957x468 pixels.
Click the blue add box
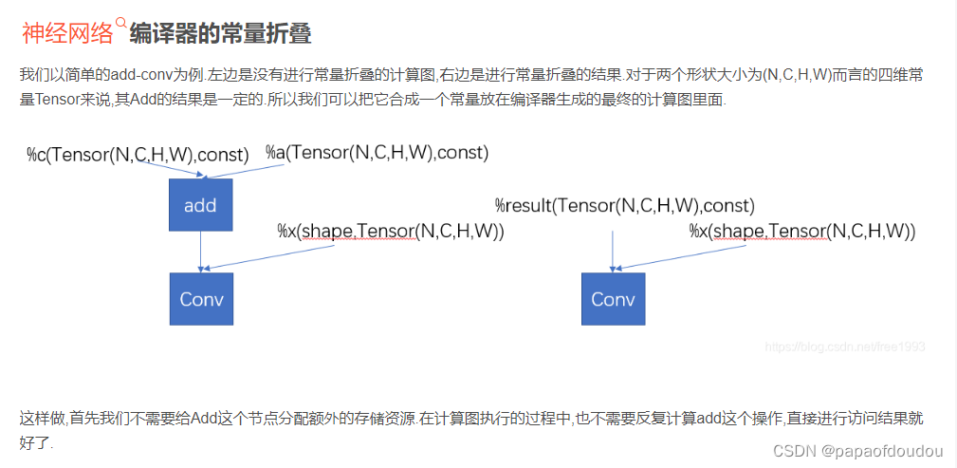(200, 205)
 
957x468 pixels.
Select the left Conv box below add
(201, 299)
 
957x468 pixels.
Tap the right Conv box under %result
(613, 299)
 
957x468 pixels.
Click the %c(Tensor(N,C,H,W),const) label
(138, 155)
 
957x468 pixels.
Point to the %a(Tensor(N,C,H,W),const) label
(377, 152)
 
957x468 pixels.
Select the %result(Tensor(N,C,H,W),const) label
(624, 205)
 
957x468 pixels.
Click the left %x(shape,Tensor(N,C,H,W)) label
(390, 231)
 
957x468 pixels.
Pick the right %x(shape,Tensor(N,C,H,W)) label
(801, 231)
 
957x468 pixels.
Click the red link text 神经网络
(67, 34)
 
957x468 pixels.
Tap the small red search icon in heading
(120, 23)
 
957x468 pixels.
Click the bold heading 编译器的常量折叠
(220, 34)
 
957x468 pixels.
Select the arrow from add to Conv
(200, 252)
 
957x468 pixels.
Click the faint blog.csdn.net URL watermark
(844, 347)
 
